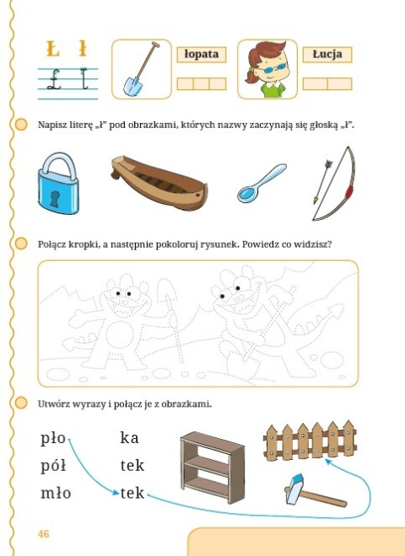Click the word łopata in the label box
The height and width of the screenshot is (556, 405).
(202, 54)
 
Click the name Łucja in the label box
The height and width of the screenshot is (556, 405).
(327, 54)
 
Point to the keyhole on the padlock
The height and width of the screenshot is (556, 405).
(55, 198)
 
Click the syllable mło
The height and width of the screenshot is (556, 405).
(56, 493)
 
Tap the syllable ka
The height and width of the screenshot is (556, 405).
(129, 438)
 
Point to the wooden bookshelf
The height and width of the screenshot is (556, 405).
(208, 464)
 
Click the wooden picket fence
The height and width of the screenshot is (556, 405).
(306, 441)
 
